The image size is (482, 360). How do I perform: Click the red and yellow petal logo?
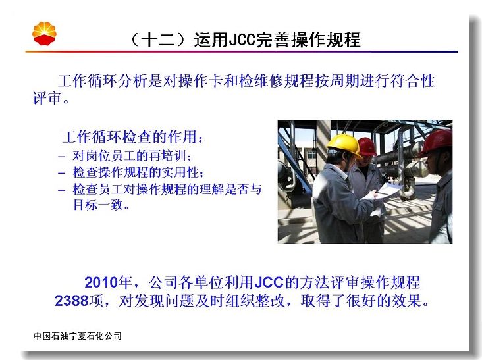pos(44,34)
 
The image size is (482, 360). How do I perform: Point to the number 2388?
pos(72,301)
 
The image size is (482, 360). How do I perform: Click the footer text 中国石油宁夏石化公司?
pos(78,336)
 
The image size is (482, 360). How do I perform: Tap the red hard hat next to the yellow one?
pos(367,147)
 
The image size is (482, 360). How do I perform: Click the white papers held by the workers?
pos(388,190)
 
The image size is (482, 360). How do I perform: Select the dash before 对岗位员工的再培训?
pos(61,157)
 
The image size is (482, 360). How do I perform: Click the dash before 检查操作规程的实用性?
pos(61,173)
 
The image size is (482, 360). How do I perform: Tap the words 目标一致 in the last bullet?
pos(98,205)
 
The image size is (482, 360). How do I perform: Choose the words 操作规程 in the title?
pos(325,40)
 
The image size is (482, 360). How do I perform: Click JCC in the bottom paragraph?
pos(269,282)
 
